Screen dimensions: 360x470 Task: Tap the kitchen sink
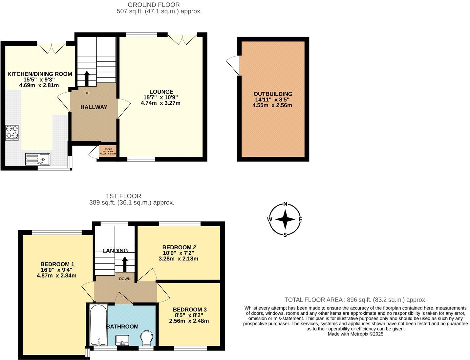tap(38, 159)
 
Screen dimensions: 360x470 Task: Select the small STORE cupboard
tap(108, 151)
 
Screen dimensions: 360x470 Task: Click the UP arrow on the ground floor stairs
tap(87, 78)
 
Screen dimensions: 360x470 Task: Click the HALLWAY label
tap(94, 107)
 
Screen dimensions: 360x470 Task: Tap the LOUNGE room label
tap(161, 92)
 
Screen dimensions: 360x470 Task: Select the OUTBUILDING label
tap(273, 94)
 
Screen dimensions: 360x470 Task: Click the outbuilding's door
tap(234, 65)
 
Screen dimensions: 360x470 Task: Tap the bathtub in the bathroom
tap(98, 325)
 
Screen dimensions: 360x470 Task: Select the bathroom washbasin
tap(123, 340)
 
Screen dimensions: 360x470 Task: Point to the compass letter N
tap(285, 204)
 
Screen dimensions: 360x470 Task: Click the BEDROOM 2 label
tap(179, 247)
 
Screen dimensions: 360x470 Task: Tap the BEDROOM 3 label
tap(190, 309)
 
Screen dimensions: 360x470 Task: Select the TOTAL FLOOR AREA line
tap(355, 300)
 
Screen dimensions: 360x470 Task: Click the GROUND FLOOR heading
tap(154, 5)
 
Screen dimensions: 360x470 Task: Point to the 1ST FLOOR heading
tap(123, 196)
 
